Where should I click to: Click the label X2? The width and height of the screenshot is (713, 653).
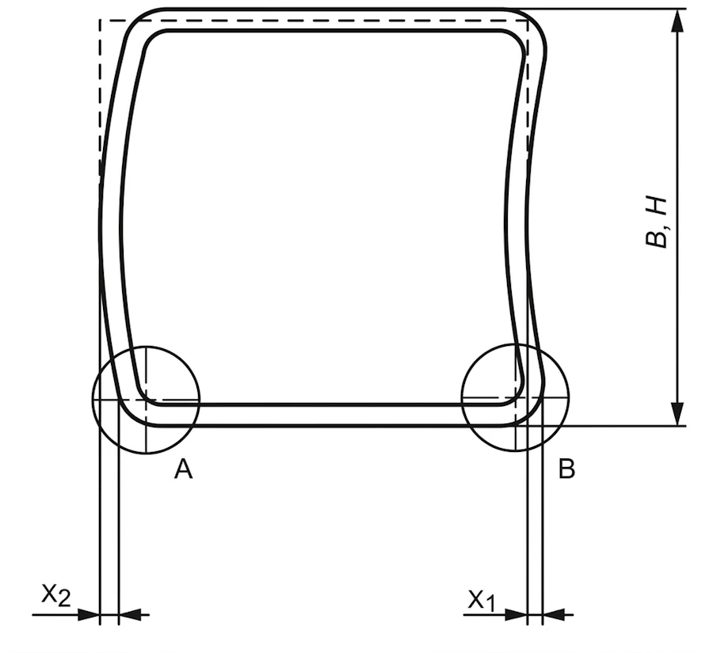(x=56, y=595)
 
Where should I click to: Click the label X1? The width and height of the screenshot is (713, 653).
(x=481, y=601)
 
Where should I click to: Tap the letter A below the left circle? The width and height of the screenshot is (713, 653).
(x=183, y=469)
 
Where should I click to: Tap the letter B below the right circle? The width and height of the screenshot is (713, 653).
(x=566, y=469)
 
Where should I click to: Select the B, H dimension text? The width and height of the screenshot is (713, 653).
(x=656, y=222)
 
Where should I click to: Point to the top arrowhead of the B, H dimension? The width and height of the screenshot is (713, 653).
(x=677, y=21)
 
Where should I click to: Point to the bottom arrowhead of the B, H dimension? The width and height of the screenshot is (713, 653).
(x=677, y=414)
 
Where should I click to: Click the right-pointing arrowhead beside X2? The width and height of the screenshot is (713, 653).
(x=89, y=615)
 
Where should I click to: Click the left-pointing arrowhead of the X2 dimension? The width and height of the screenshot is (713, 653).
(x=130, y=615)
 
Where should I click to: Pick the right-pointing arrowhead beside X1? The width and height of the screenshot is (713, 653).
(x=516, y=615)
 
